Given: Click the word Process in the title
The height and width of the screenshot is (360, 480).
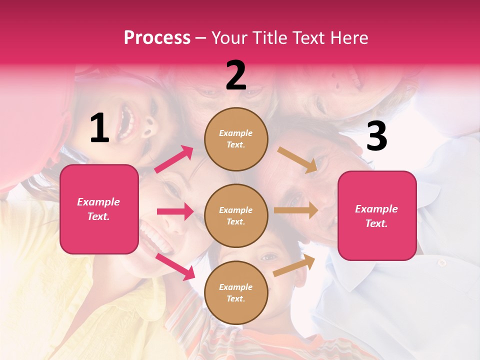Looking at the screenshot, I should (157, 37).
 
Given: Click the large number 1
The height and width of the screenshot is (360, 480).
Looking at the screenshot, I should (99, 128).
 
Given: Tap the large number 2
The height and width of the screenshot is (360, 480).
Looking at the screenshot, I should (236, 76).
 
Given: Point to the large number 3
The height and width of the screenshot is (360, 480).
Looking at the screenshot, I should (376, 136).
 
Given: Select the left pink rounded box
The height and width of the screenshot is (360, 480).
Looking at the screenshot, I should (99, 209).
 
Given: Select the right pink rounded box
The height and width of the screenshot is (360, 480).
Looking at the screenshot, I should (377, 215).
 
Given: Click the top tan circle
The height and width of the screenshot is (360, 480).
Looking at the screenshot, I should (236, 139).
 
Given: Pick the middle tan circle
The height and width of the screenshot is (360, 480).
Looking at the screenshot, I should (236, 215).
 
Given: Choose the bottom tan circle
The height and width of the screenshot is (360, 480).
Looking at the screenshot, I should (236, 292).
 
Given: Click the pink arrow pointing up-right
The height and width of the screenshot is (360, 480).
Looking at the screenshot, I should (174, 159).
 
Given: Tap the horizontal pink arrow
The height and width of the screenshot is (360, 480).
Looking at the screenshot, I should (175, 211).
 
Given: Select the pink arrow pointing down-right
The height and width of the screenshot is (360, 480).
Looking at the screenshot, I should (175, 266).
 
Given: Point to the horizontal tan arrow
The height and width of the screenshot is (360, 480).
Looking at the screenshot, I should (296, 210).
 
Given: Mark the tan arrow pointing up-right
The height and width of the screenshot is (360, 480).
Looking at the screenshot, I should (294, 266).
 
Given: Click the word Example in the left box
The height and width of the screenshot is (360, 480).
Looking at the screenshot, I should (98, 202).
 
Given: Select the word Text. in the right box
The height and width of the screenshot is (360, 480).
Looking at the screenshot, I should (376, 223).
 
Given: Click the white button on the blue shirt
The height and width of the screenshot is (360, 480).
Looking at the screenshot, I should (441, 262).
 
